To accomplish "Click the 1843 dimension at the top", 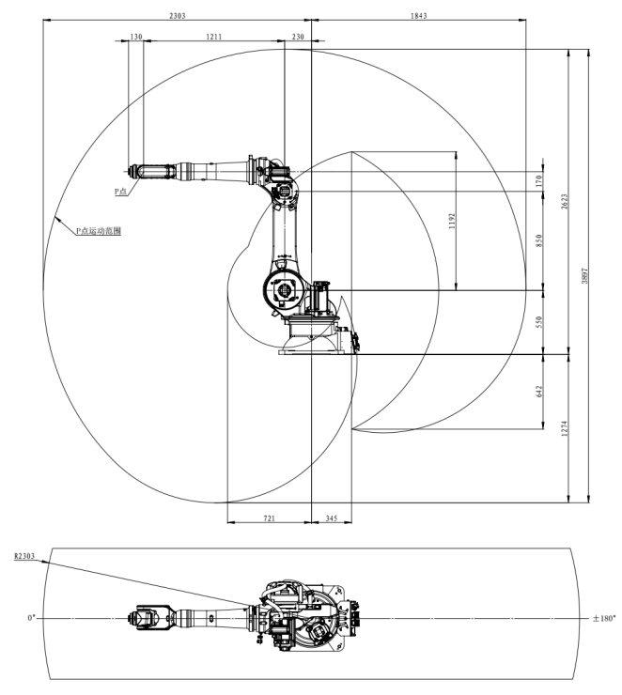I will pos(417,16).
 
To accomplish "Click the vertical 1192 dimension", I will pos(452,222).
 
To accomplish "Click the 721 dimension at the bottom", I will pos(268,517).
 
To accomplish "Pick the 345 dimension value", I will pos(330,517).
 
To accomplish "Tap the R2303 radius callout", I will pos(24,556).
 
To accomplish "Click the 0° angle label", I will pos(31,618).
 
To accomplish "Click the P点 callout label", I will pos(120,191).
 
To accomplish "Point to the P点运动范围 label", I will pos(98,228).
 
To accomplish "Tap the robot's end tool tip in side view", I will pos(131,170).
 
